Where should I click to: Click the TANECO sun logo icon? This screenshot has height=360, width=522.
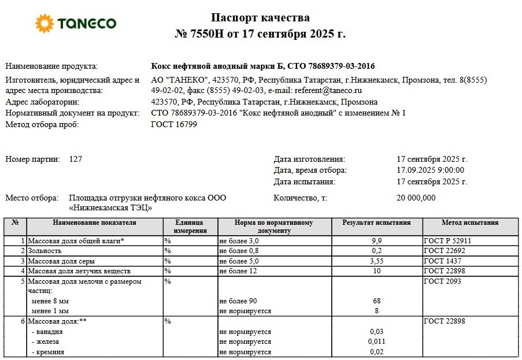pos(45,24)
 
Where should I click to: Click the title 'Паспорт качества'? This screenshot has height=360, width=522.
pos(260,18)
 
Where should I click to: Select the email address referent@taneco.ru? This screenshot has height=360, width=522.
pos(328,91)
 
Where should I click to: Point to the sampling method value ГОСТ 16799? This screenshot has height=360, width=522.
pos(173,124)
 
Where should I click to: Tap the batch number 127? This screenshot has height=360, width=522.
pos(75,159)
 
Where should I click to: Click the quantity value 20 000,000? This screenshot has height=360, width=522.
pos(416,198)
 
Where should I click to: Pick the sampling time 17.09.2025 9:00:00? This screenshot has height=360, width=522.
pos(431,170)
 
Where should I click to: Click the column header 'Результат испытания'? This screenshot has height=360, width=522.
pos(376,222)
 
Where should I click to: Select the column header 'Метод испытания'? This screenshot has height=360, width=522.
pos(470,222)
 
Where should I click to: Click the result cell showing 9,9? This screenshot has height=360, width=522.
pos(376,240)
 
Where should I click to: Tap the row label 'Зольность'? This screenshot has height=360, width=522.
pos(45,251)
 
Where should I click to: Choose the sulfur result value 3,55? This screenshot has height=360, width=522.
pos(376,261)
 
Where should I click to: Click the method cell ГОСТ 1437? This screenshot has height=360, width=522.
pos(444,261)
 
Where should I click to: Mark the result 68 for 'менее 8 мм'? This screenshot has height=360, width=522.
pos(376,301)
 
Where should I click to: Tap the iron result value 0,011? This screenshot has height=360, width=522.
pos(376,342)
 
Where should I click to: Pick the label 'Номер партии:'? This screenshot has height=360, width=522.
pos(32,159)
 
